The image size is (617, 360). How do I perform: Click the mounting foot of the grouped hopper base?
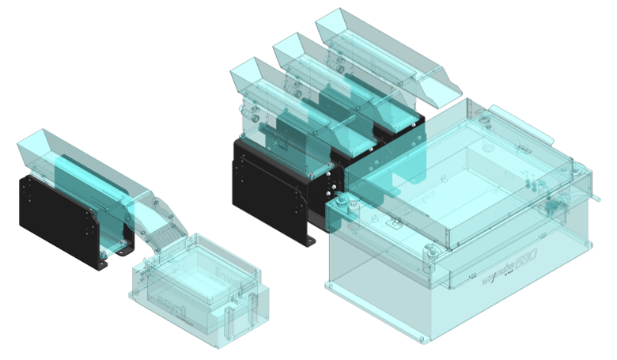tap(310, 238)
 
